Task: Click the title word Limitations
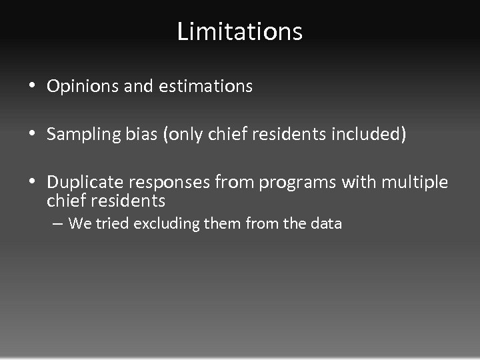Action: point(240,31)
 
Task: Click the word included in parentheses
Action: point(366,135)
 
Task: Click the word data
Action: point(325,224)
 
